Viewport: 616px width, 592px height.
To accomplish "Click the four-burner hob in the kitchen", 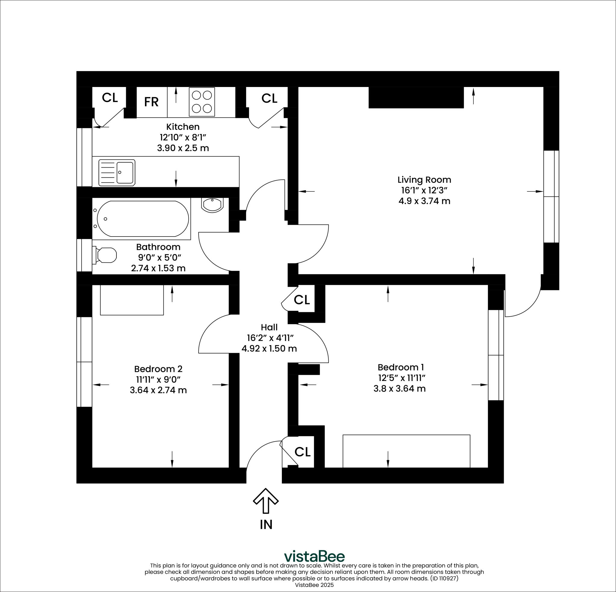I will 202,102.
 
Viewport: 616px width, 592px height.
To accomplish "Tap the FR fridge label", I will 151,102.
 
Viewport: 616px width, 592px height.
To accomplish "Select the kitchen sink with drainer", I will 117,172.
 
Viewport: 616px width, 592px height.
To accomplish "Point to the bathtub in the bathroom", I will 143,219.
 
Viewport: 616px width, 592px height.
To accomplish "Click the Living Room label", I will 424,180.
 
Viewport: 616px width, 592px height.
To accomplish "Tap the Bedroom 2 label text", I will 158,369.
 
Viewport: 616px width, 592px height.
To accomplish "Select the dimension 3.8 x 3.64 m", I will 399,389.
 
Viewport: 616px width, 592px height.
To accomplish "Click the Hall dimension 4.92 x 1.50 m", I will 269,349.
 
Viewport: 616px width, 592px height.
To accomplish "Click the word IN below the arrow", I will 266,524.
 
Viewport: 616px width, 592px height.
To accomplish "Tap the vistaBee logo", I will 314,556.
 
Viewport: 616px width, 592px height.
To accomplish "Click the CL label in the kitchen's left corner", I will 110,98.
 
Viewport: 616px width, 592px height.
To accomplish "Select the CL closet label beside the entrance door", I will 302,452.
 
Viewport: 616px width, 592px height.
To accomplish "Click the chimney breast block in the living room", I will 416,98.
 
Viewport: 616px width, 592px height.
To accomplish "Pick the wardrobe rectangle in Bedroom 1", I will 406,451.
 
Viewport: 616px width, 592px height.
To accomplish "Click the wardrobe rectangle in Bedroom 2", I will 132,300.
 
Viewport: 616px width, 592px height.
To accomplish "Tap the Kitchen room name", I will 183,127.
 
